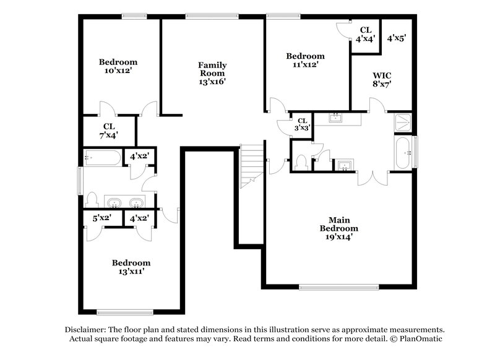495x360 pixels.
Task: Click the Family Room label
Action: pyautogui.click(x=212, y=69)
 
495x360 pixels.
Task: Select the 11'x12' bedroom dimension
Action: pyautogui.click(x=305, y=65)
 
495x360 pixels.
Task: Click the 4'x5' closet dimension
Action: pyautogui.click(x=396, y=38)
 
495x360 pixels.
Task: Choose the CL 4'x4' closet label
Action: pyautogui.click(x=365, y=33)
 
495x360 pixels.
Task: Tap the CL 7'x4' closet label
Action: pyautogui.click(x=109, y=129)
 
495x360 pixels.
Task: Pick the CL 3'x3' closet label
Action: pyautogui.click(x=303, y=124)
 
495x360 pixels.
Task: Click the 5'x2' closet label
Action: pyautogui.click(x=101, y=218)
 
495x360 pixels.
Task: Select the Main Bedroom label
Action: pyautogui.click(x=338, y=228)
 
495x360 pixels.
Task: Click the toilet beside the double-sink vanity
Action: pyautogui.click(x=92, y=199)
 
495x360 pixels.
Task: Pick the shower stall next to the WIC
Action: pyautogui.click(x=403, y=122)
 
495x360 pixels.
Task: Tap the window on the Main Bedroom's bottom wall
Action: pyautogui.click(x=338, y=287)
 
